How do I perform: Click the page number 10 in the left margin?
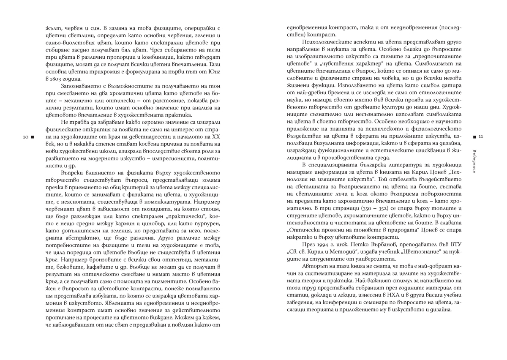pyautogui.click(x=26, y=137)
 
